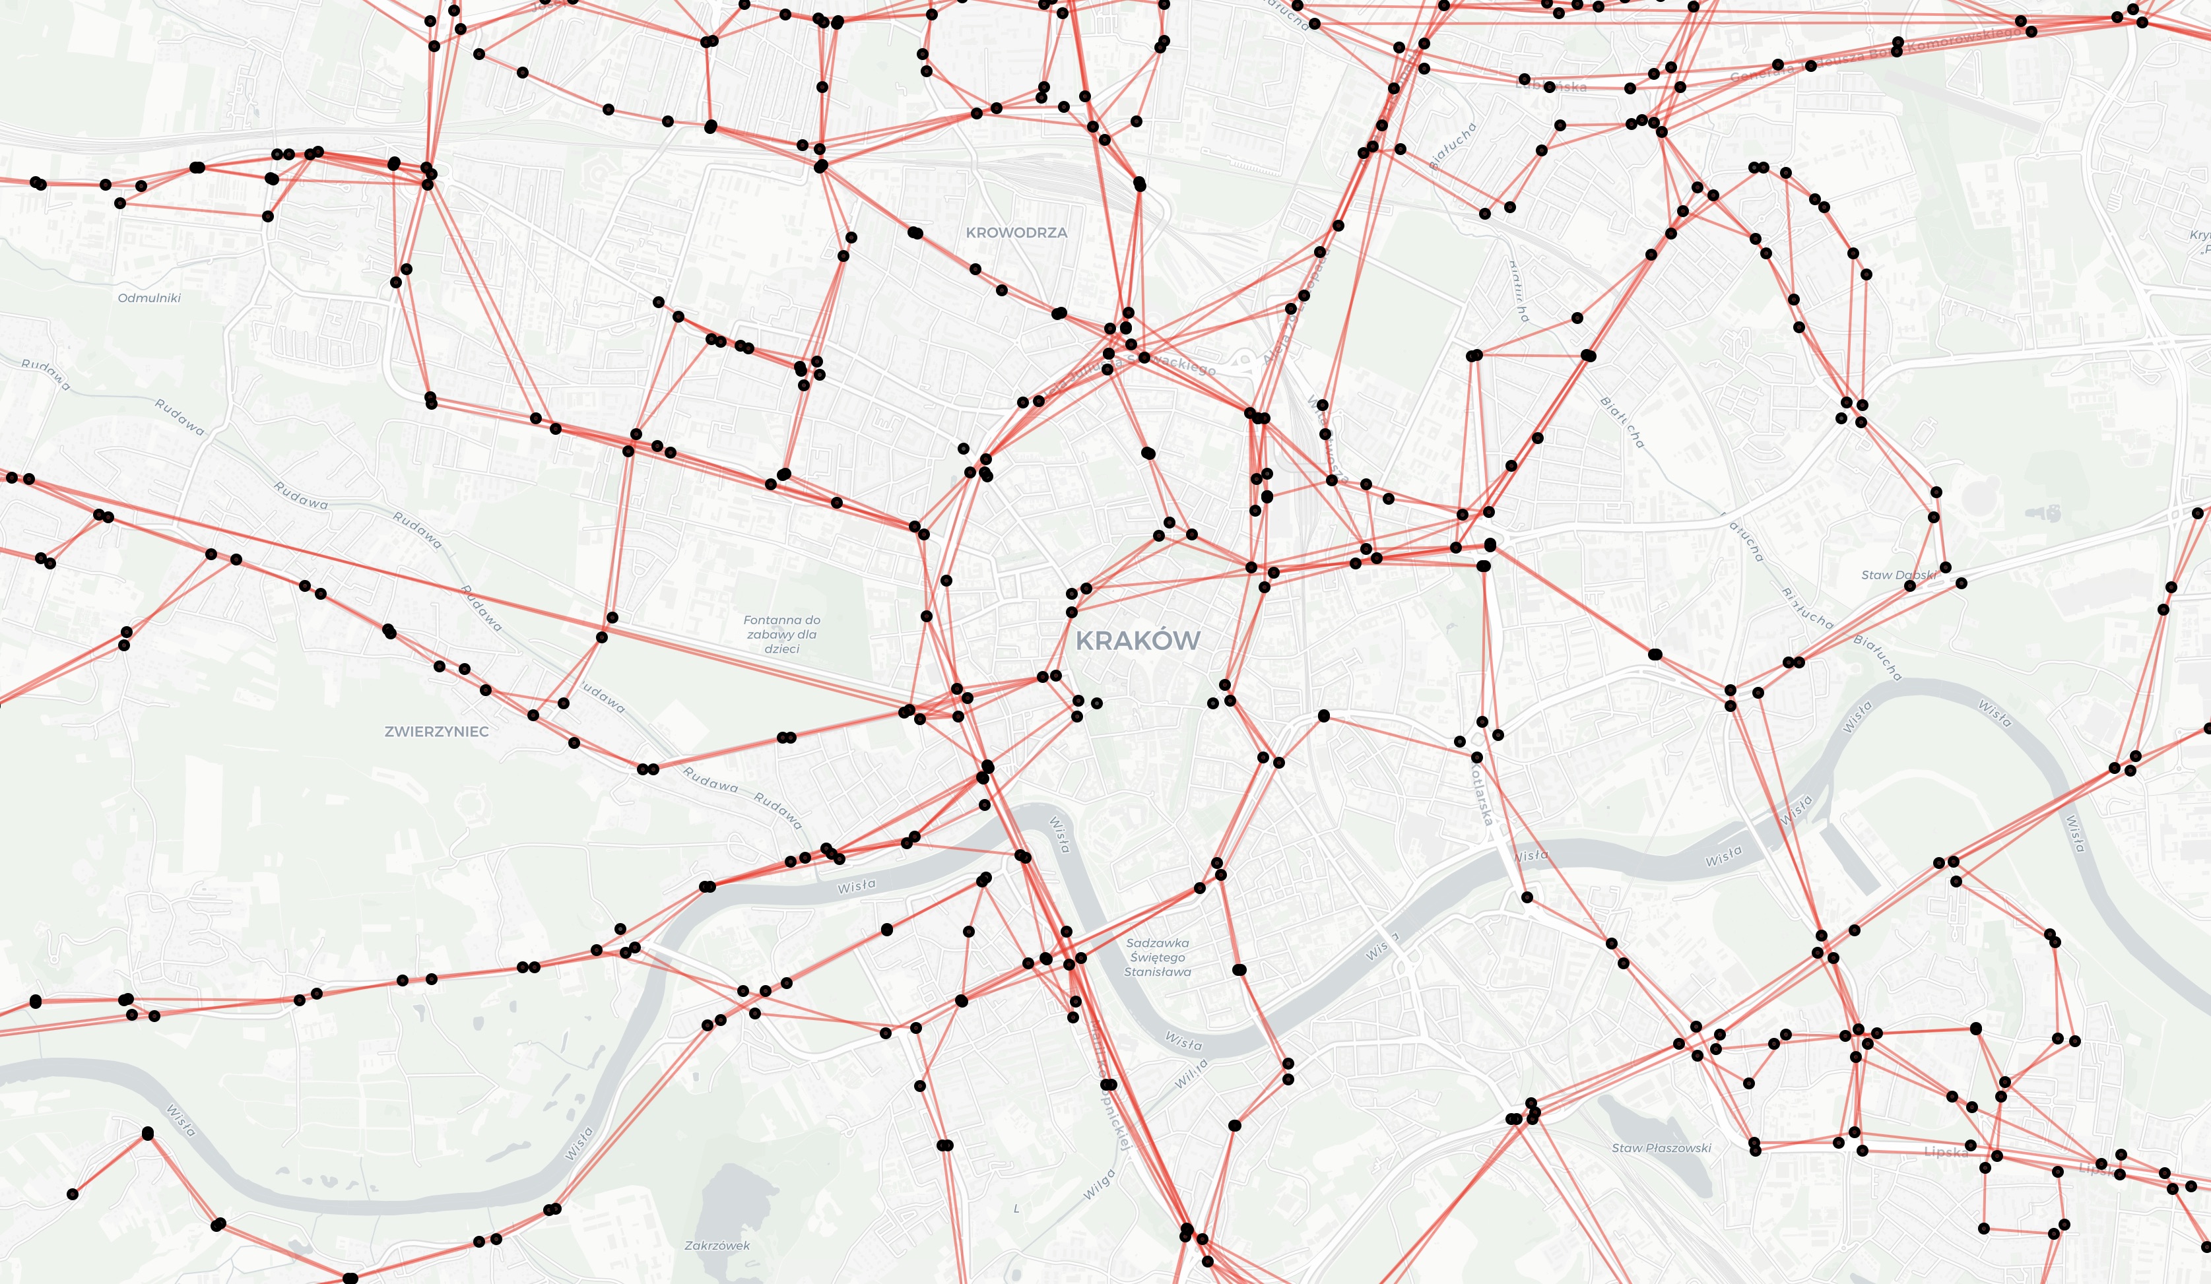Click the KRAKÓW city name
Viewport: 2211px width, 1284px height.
click(x=1137, y=640)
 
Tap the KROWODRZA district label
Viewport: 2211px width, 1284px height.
click(x=1016, y=232)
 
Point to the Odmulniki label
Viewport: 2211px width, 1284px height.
click(x=149, y=298)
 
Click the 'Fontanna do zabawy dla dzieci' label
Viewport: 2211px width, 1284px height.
click(x=781, y=634)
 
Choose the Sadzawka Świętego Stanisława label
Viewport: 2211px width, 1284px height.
click(x=1157, y=957)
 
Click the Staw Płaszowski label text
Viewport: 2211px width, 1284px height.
click(x=1661, y=1148)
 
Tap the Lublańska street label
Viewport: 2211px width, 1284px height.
click(x=1551, y=86)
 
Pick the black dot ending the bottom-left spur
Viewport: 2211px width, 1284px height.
click(x=73, y=1194)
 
